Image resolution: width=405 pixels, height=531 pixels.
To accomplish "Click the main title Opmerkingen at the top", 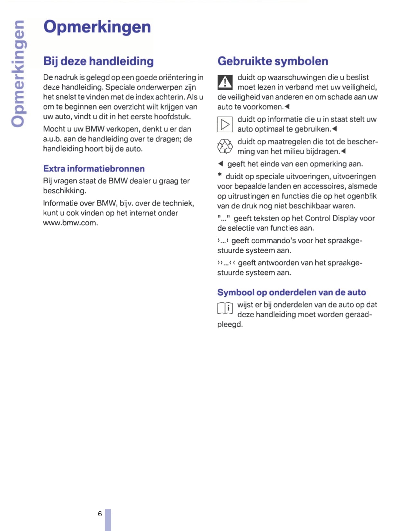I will coord(97,27).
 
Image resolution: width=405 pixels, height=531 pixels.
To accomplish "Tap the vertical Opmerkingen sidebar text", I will coord(18,73).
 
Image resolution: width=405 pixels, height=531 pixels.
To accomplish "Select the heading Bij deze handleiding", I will coord(98,61).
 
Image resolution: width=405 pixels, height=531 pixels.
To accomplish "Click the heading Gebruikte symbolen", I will coord(273,61).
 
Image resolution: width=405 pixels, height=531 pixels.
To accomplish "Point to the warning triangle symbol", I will coord(225,82).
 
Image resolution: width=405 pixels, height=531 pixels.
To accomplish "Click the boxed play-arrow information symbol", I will coord(225,124).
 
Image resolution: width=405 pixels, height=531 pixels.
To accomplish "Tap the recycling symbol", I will coord(225,147).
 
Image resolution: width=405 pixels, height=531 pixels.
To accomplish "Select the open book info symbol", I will coord(225,308).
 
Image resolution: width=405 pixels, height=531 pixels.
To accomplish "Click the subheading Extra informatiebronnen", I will coord(94,169).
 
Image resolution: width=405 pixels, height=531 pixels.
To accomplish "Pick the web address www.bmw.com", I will coord(70,223).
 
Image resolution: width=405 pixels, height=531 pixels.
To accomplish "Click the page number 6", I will coord(100,514).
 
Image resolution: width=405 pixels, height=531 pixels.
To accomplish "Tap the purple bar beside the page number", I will coord(108,519).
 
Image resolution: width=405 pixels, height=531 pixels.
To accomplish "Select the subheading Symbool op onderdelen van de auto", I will coord(292,292).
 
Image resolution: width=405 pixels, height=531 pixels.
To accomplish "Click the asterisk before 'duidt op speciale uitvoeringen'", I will coord(220,175).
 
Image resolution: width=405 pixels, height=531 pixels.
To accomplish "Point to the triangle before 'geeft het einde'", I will coord(221,164).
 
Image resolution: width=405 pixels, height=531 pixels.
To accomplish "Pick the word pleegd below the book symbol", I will coord(230,325).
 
